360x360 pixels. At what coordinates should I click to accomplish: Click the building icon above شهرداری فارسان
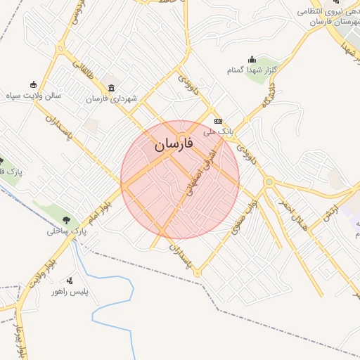[x=111, y=88]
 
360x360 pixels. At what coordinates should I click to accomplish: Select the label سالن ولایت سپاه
[x=55, y=94]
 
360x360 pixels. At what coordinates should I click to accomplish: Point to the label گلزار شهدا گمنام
[x=252, y=70]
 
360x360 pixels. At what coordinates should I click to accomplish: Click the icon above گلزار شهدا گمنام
[x=252, y=59]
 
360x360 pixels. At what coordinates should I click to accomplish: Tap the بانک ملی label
[x=217, y=131]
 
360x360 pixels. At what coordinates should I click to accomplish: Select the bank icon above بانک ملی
[x=217, y=120]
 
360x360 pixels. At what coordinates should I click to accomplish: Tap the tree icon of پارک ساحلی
[x=67, y=219]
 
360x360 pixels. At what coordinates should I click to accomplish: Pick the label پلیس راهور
[x=70, y=291]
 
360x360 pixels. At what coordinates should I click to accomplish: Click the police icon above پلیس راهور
[x=70, y=281]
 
